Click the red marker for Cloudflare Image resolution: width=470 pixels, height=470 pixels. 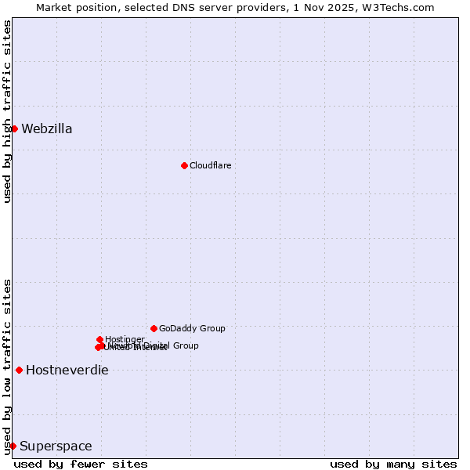(x=184, y=165)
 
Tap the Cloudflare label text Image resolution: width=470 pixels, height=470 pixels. (x=210, y=165)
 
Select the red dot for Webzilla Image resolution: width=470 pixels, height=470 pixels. (x=14, y=128)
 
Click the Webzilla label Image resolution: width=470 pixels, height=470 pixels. (x=47, y=129)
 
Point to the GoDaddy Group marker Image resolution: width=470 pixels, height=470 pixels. (x=154, y=328)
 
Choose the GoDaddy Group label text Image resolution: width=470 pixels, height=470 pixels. (x=192, y=328)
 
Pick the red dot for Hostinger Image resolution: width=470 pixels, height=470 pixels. (x=99, y=339)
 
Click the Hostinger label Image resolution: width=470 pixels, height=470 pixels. (x=125, y=339)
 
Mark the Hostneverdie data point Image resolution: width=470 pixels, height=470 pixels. (x=19, y=370)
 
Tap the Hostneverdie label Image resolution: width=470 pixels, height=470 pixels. (x=67, y=371)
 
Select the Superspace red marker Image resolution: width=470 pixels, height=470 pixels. (x=13, y=446)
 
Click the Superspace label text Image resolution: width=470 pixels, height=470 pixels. (x=56, y=446)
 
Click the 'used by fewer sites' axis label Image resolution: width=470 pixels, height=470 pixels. (x=81, y=464)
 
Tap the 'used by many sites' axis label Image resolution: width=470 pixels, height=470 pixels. (x=393, y=464)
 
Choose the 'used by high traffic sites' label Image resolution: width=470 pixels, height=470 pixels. (x=7, y=111)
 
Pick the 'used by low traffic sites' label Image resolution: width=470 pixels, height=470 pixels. (x=7, y=367)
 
